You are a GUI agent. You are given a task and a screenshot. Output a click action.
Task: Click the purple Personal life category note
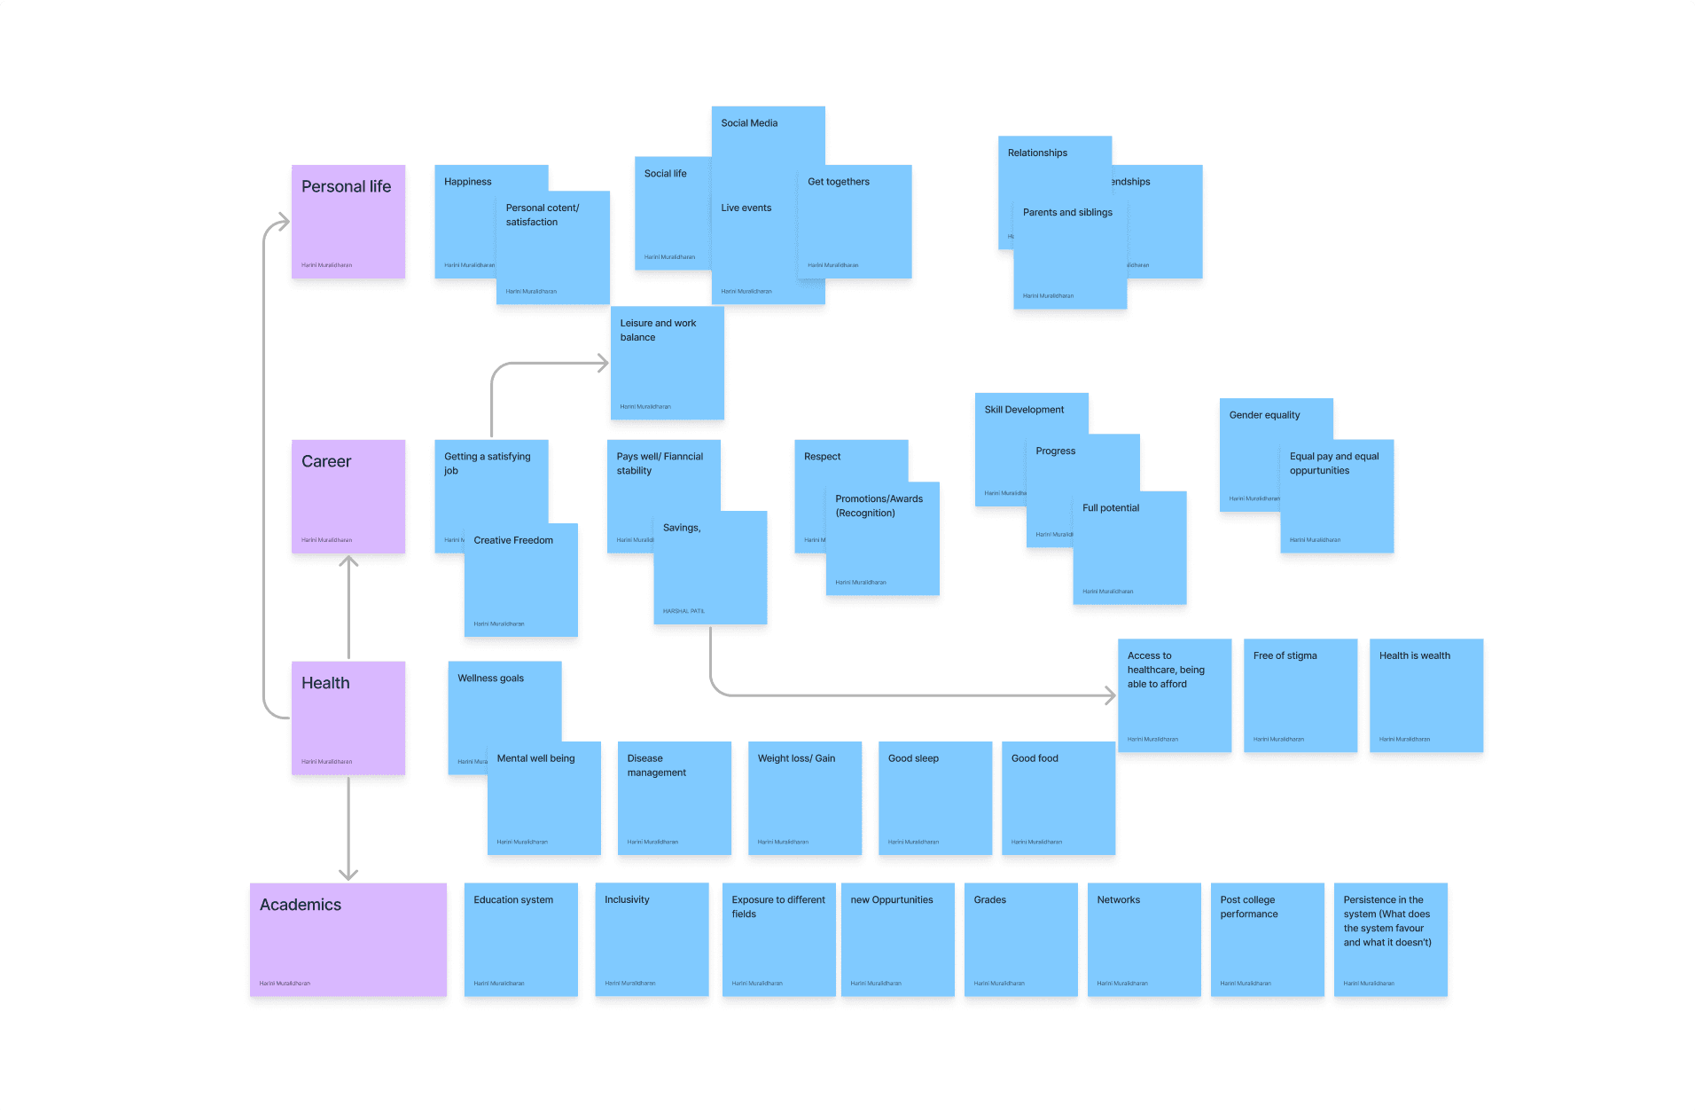coord(348,222)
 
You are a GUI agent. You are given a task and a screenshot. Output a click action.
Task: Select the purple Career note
coord(348,497)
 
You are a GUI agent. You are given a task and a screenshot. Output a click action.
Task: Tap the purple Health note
coord(348,718)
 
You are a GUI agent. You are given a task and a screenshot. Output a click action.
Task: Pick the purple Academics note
coord(348,939)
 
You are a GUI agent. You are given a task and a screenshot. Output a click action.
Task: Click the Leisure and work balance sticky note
coord(668,364)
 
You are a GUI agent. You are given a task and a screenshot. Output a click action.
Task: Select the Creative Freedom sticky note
coord(521,580)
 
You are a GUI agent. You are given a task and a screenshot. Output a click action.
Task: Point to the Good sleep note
coord(935,798)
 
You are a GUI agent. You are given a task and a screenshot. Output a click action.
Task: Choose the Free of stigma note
coord(1301,695)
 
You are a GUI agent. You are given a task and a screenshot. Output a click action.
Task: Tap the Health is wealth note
coord(1426,695)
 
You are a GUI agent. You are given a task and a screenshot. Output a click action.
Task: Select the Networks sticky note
coord(1144,939)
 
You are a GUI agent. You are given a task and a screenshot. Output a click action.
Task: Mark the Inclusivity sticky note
coord(652,939)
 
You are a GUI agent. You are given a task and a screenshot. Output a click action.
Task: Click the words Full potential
coord(1111,508)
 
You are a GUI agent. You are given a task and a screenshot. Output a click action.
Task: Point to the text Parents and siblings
coord(1067,213)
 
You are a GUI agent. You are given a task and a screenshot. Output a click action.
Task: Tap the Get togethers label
coord(839,182)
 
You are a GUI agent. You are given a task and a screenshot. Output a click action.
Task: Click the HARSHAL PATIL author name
coord(683,611)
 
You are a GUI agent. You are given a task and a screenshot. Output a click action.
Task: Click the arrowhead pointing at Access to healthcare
coord(1110,695)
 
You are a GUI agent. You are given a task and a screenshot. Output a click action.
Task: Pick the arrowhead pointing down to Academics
coord(348,874)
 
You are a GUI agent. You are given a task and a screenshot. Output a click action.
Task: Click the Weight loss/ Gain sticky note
coord(805,798)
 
